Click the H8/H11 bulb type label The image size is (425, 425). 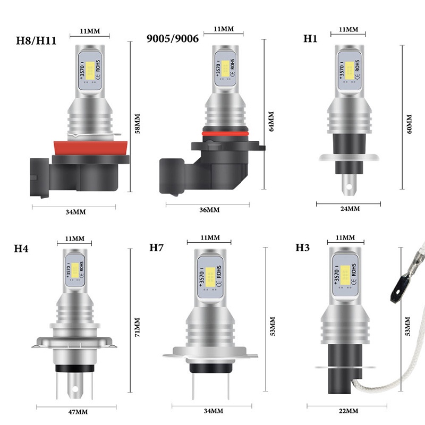coord(36,41)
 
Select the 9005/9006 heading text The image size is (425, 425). coord(173,38)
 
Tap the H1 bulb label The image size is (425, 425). coord(310,38)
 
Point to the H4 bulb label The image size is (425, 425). coord(21,249)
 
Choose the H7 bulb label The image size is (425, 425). coord(156,248)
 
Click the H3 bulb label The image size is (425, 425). coord(302,248)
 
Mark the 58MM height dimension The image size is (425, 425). coord(138,124)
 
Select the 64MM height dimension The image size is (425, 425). coord(271,121)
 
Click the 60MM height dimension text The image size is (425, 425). coord(409,124)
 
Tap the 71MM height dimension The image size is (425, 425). coord(138,327)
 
